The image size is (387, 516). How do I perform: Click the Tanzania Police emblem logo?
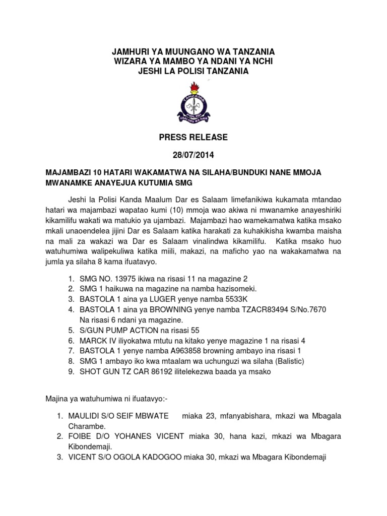click(193, 104)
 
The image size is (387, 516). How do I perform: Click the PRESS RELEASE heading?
click(193, 137)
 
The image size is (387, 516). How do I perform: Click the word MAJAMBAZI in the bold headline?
click(69, 173)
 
